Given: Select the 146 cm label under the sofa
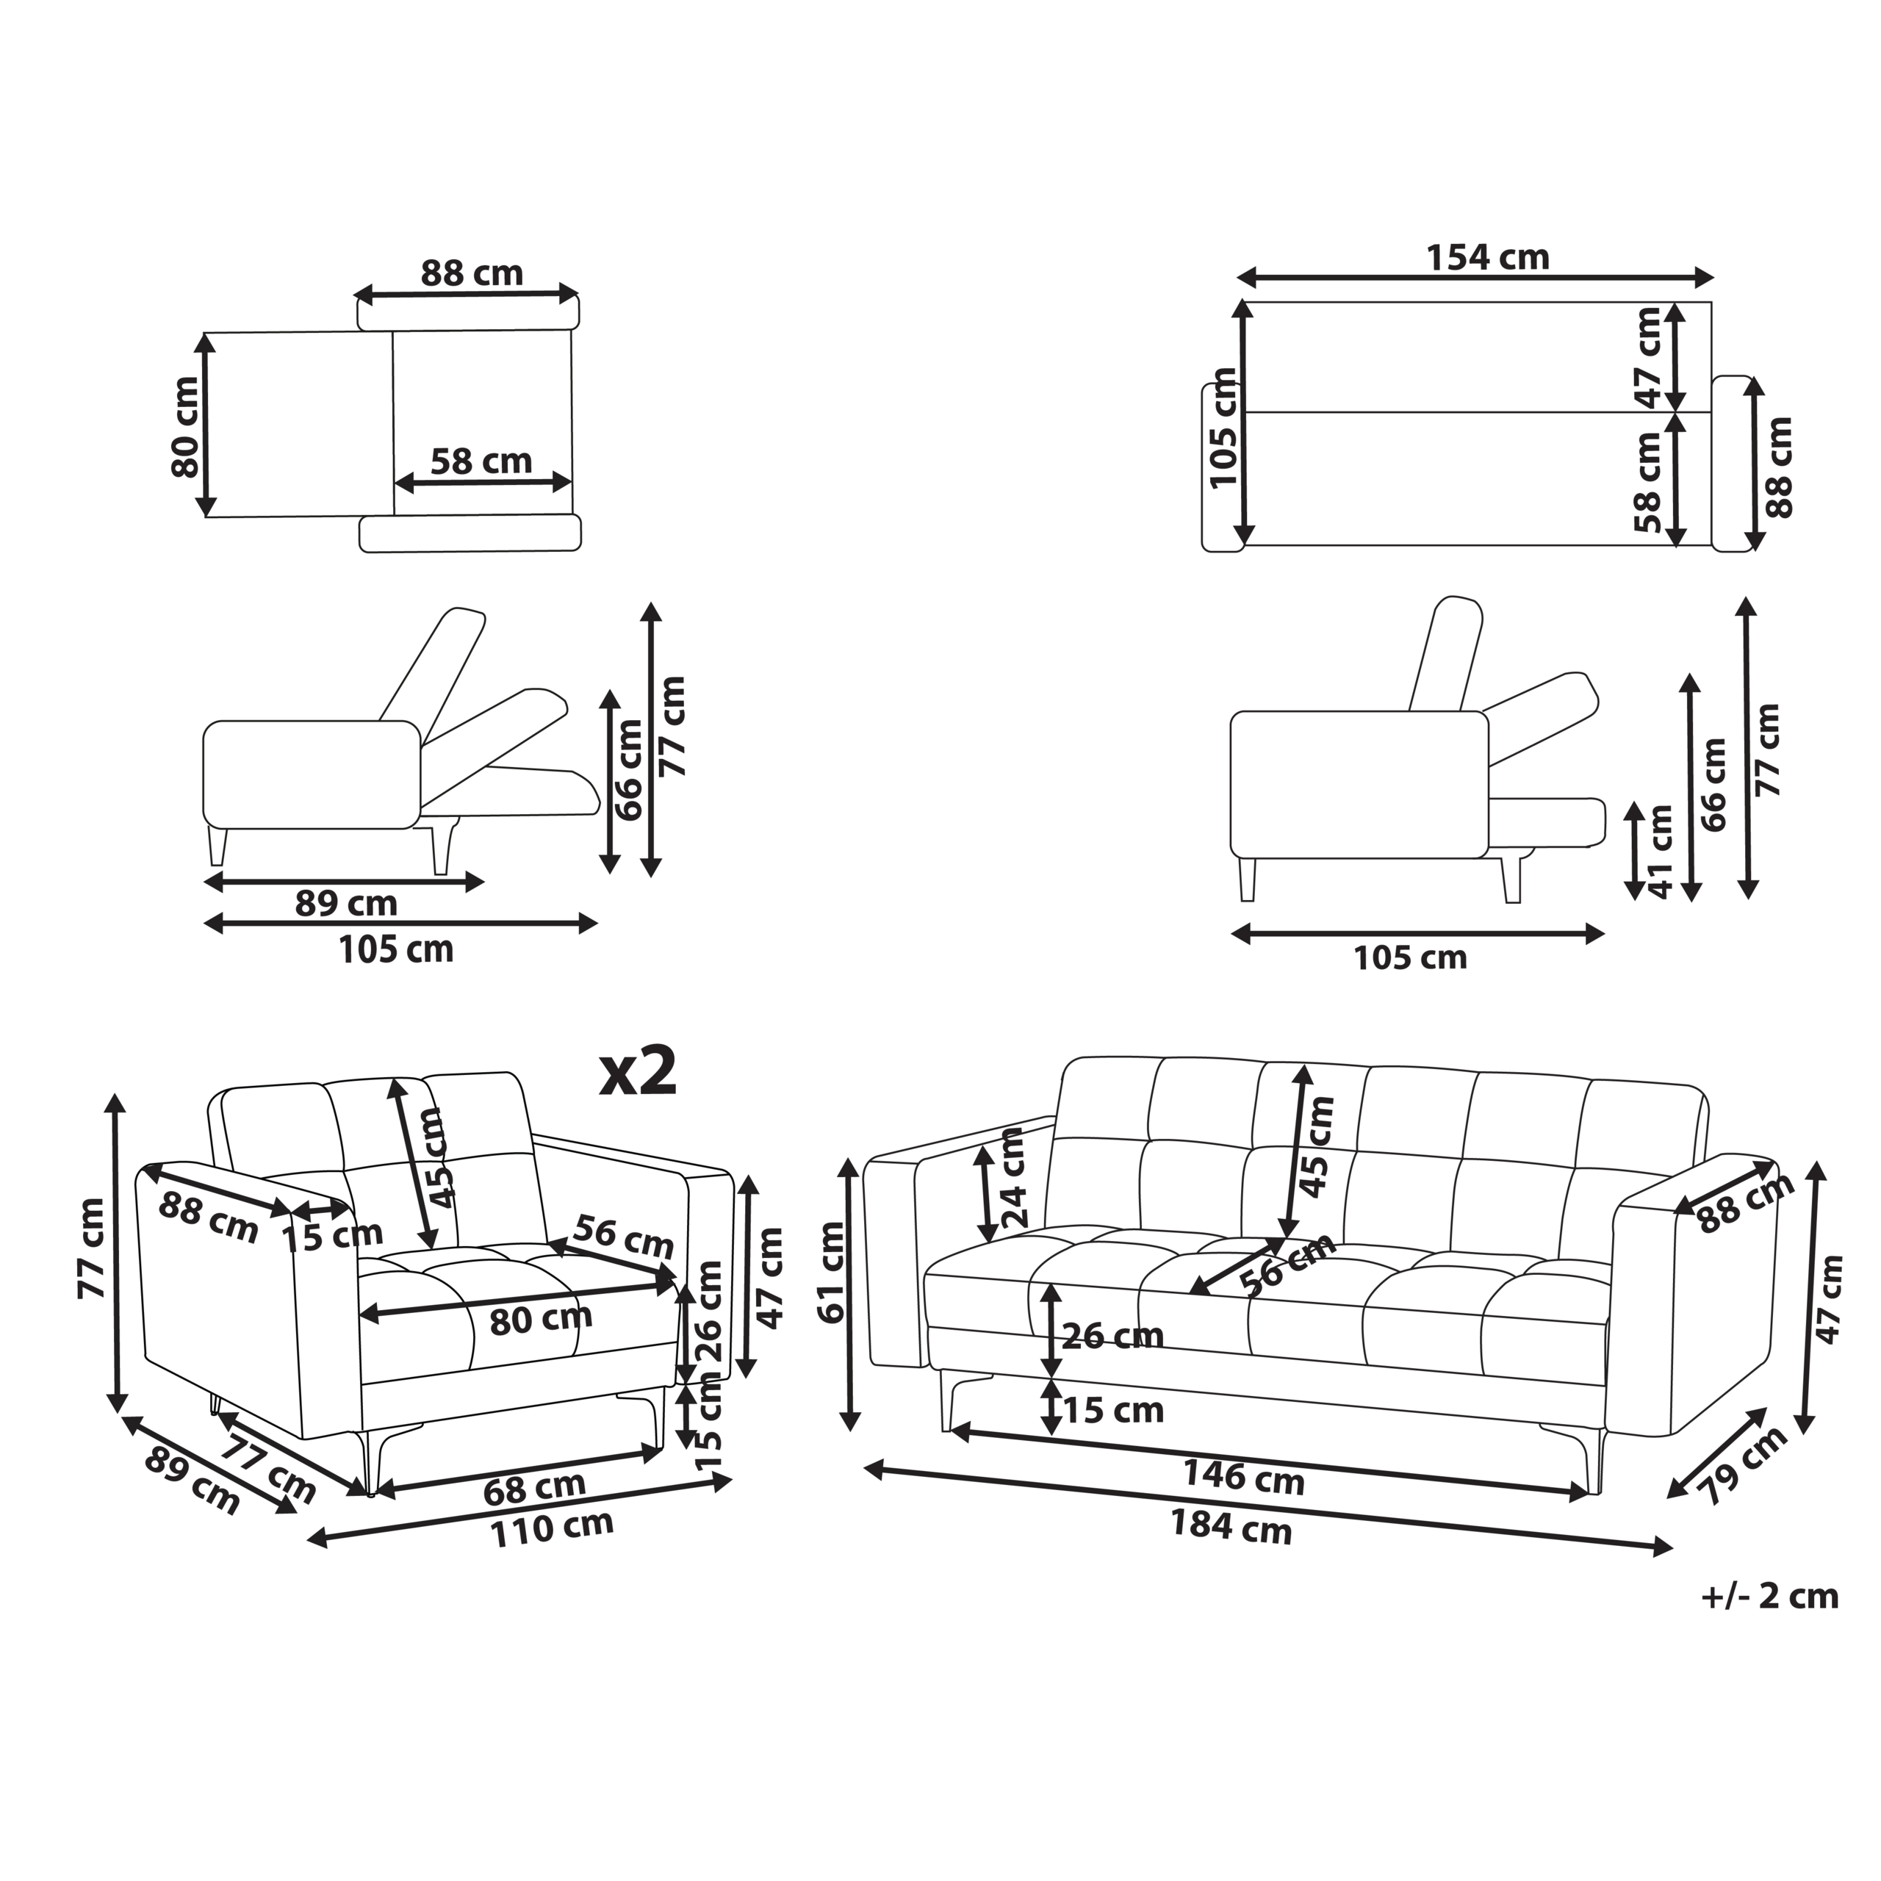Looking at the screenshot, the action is coord(1243,1477).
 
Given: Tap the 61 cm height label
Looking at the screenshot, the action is coord(833,1272).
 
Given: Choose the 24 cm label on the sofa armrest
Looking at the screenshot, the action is coord(1013,1176).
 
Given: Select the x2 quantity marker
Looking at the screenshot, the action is coord(638,1072).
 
